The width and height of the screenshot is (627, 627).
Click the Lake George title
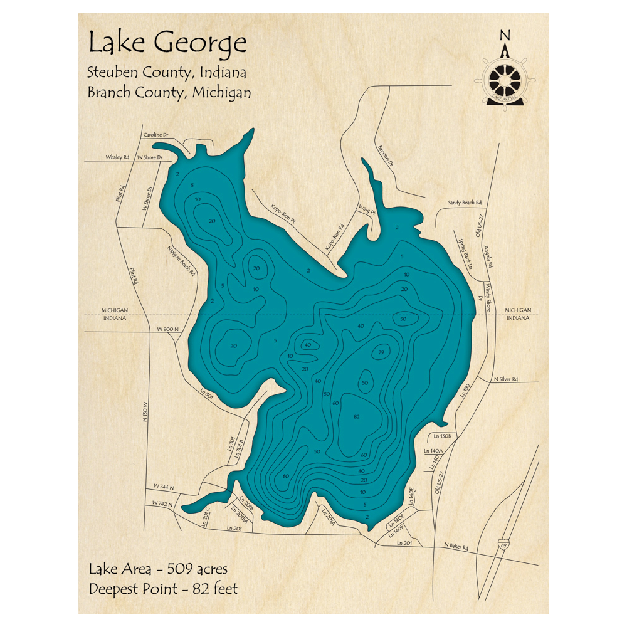coord(167,44)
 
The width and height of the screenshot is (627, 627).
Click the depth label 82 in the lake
coord(357,417)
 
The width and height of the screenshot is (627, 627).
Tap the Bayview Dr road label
coord(385,156)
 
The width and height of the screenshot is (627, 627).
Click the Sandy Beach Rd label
coord(465,203)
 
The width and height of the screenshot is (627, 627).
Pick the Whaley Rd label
coord(117,157)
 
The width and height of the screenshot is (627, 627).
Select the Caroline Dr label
coord(157,135)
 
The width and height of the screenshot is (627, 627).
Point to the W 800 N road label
coord(167,329)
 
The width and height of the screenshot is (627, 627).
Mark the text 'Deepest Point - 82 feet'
coord(163,589)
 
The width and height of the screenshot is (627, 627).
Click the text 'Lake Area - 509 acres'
coord(158,569)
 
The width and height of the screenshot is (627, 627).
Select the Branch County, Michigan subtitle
coord(169,92)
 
